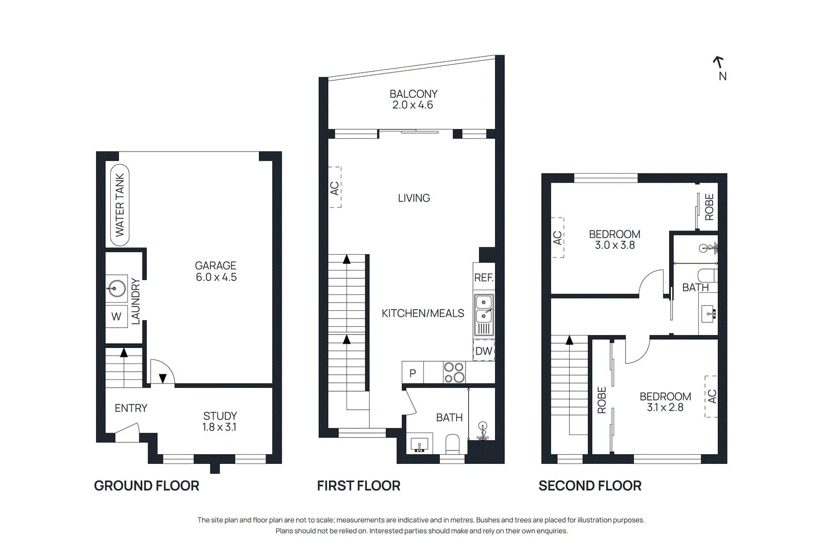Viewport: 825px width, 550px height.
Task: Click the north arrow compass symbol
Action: click(719, 62)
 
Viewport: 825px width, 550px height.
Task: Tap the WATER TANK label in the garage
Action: click(120, 205)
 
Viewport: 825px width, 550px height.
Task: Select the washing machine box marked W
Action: click(117, 316)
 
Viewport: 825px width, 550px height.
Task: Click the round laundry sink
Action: click(117, 289)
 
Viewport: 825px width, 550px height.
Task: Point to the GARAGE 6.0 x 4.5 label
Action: click(216, 271)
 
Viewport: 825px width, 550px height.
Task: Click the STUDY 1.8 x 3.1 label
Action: click(220, 421)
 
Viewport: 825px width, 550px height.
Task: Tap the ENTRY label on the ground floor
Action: click(131, 408)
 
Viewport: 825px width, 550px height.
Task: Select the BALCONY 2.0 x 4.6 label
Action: click(413, 99)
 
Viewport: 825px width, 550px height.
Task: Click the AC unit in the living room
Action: click(335, 187)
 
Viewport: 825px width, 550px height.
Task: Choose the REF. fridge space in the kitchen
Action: click(484, 278)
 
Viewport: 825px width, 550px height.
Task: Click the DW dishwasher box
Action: click(484, 351)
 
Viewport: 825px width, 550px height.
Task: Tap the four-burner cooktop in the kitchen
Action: click(454, 372)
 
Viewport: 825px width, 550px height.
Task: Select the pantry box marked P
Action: click(412, 373)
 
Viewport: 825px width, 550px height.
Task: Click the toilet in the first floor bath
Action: click(452, 444)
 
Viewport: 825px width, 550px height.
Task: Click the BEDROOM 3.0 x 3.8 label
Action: click(615, 240)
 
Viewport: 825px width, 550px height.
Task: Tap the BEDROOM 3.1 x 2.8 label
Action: click(665, 402)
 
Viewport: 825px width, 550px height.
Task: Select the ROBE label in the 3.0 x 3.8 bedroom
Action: click(709, 207)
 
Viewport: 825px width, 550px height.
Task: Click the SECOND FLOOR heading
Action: click(590, 486)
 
